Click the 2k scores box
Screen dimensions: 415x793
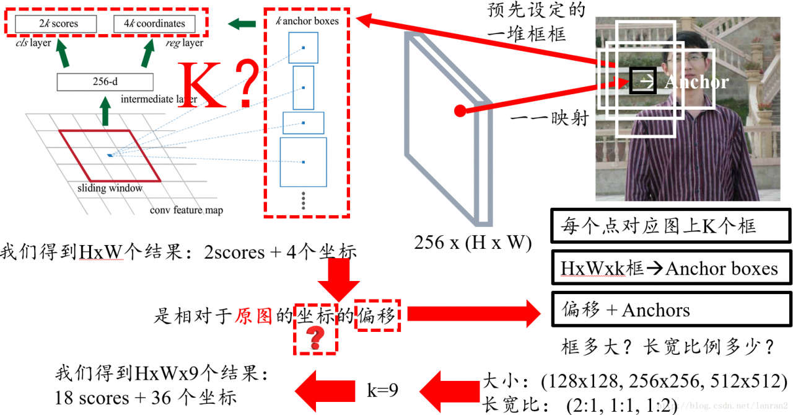point(56,24)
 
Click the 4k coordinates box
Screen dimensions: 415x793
point(154,24)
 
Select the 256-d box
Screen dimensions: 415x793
point(105,82)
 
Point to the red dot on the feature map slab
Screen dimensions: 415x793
point(459,112)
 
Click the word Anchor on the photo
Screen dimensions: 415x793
point(696,82)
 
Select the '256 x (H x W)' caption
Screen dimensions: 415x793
point(473,243)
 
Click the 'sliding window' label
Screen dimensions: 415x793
point(110,188)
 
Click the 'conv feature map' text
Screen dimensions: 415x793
point(186,210)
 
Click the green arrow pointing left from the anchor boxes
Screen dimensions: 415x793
point(241,24)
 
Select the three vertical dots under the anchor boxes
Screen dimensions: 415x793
point(304,201)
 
